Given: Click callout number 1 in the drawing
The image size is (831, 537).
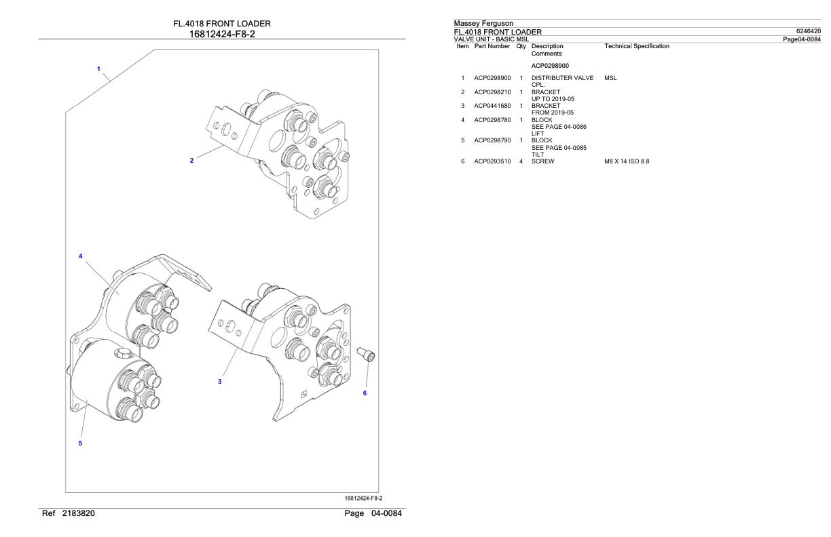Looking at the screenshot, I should pyautogui.click(x=98, y=69).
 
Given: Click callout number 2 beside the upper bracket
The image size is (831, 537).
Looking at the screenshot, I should pyautogui.click(x=191, y=161).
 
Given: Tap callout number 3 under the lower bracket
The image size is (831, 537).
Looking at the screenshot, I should pyautogui.click(x=219, y=382).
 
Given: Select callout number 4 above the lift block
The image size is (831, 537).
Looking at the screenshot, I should pyautogui.click(x=80, y=257).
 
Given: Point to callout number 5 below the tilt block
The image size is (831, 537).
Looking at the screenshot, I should pyautogui.click(x=80, y=443).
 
